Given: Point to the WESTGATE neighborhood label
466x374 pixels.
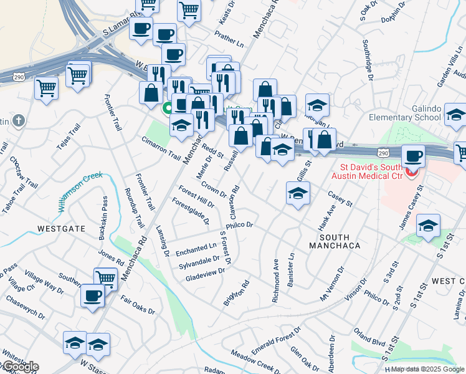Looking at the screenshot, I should pos(61,229).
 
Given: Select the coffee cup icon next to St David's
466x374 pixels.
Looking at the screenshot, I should pos(414,156).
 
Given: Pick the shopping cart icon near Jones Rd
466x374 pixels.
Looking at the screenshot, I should pos(106,278).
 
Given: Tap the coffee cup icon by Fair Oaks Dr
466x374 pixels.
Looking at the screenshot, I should pos(92,295).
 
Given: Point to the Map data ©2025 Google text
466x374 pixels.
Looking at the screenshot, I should pos(427,369).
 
